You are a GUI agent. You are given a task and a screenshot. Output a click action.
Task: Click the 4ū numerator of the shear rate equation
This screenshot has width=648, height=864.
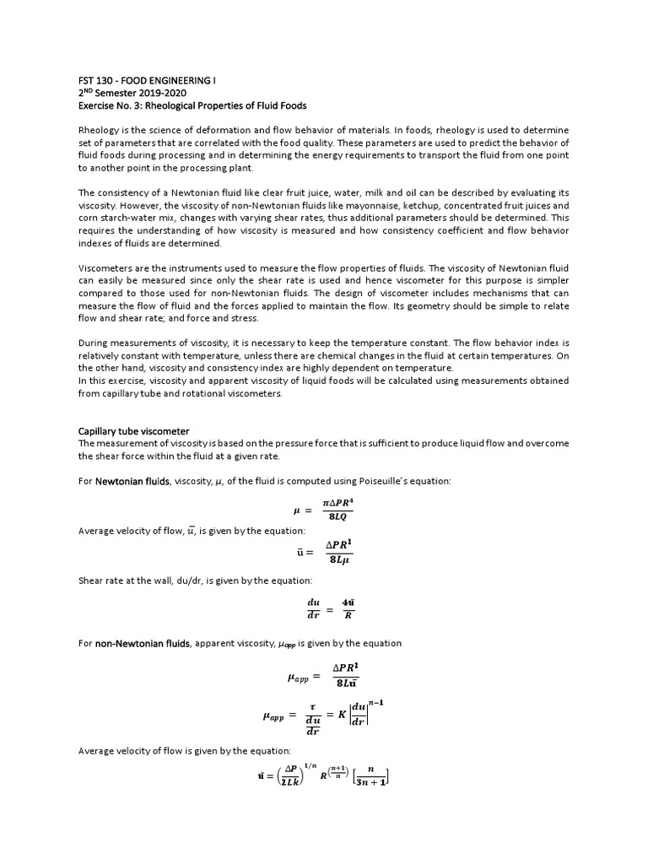point(348,602)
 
